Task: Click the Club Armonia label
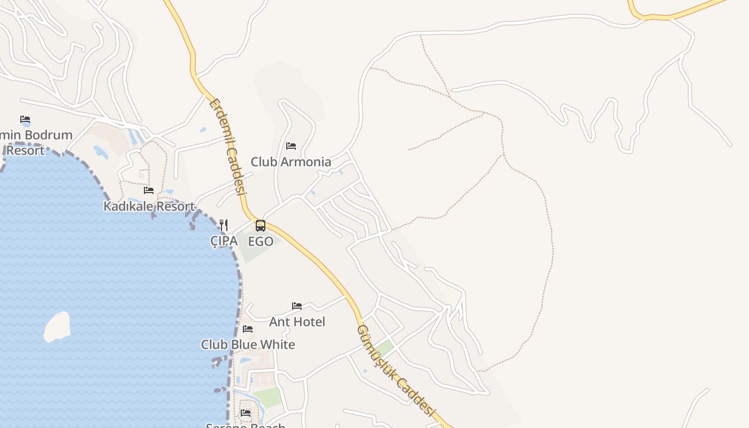pyautogui.click(x=291, y=162)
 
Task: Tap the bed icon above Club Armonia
pyautogui.click(x=291, y=146)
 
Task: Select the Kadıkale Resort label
pyautogui.click(x=149, y=206)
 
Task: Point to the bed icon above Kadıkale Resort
pyautogui.click(x=149, y=190)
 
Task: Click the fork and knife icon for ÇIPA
pyautogui.click(x=224, y=225)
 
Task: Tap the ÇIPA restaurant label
pyautogui.click(x=224, y=241)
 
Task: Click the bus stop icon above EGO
pyautogui.click(x=261, y=226)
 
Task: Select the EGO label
pyautogui.click(x=261, y=241)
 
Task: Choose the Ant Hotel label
pyautogui.click(x=297, y=322)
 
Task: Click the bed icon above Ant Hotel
pyautogui.click(x=297, y=306)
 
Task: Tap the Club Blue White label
pyautogui.click(x=248, y=345)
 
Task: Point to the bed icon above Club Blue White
pyautogui.click(x=248, y=328)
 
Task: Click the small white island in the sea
pyautogui.click(x=57, y=326)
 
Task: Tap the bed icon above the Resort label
pyautogui.click(x=25, y=119)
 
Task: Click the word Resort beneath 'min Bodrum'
pyautogui.click(x=25, y=150)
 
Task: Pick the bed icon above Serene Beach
pyautogui.click(x=246, y=413)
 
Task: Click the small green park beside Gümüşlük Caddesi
pyautogui.click(x=384, y=348)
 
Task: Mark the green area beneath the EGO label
pyautogui.click(x=251, y=253)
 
